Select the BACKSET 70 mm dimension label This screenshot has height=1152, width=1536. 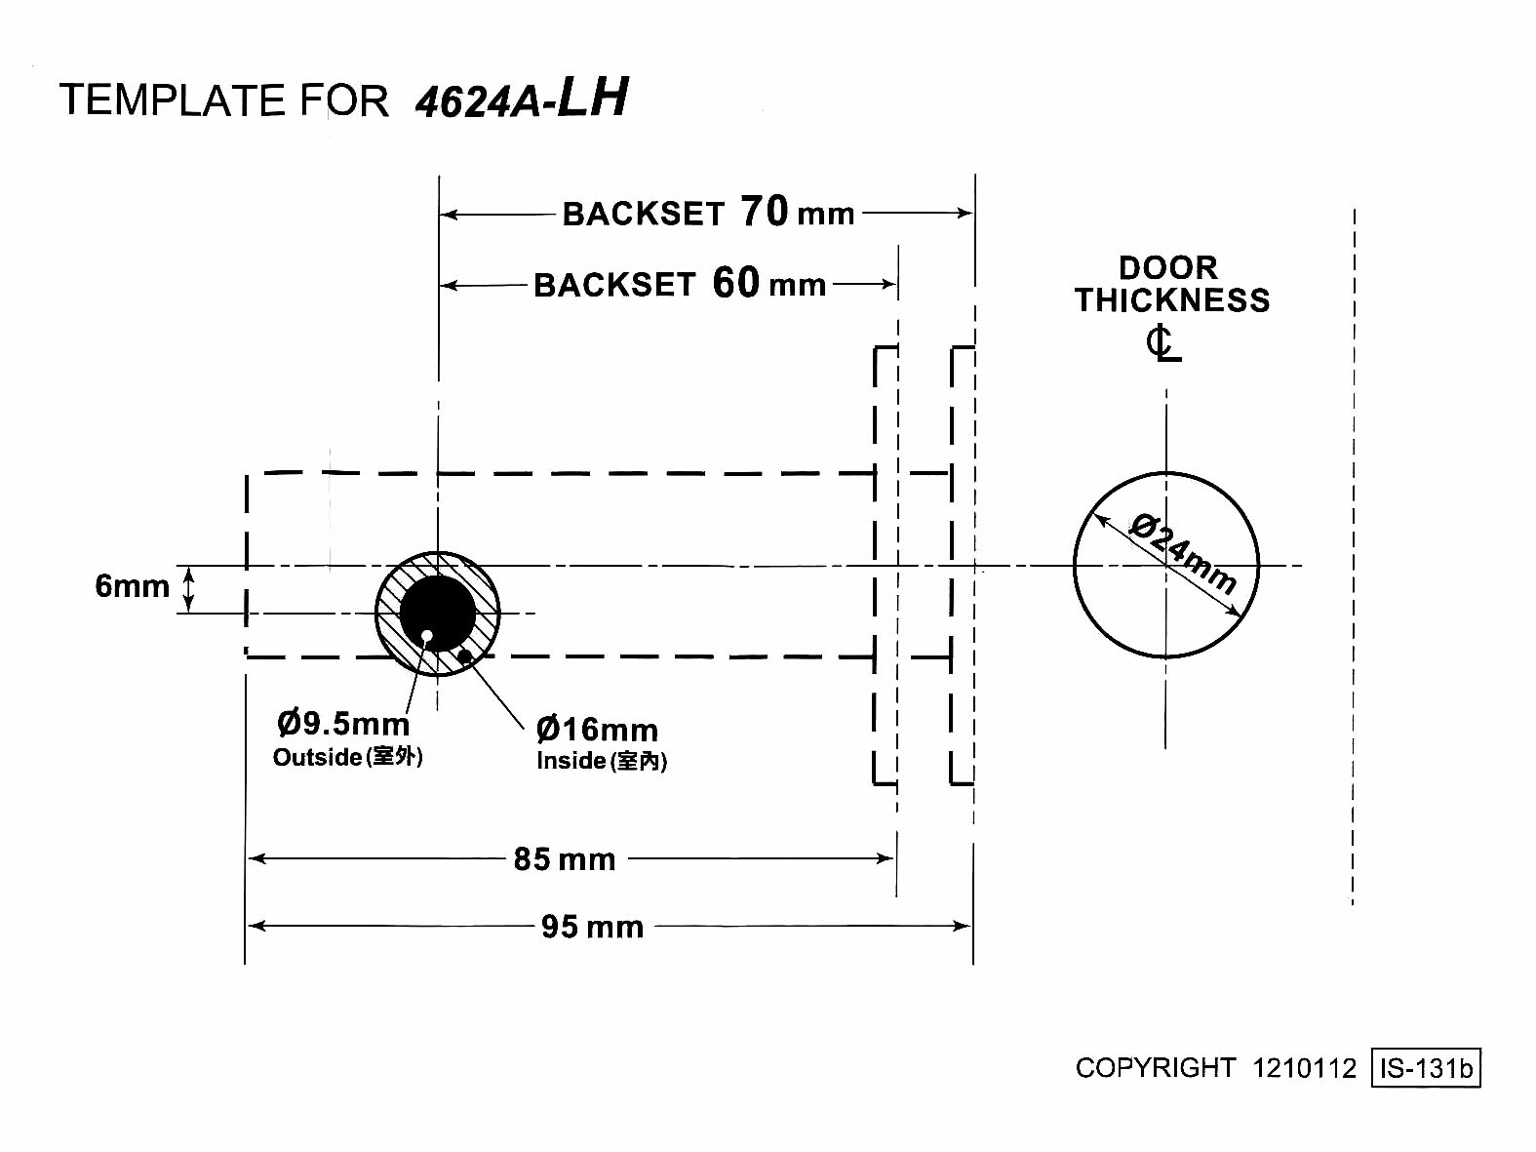pyautogui.click(x=708, y=212)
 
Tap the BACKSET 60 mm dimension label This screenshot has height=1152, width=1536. pyautogui.click(x=680, y=284)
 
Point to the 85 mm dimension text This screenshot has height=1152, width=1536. pyautogui.click(x=564, y=859)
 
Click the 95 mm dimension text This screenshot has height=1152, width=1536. pyautogui.click(x=592, y=928)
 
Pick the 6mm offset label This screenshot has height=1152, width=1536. pyautogui.click(x=133, y=586)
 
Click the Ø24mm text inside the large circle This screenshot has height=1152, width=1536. pyautogui.click(x=1183, y=553)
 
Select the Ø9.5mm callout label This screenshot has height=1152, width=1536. pyautogui.click(x=343, y=724)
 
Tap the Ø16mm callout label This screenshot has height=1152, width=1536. pyautogui.click(x=597, y=730)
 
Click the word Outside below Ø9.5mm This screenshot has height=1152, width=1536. pyautogui.click(x=317, y=757)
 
